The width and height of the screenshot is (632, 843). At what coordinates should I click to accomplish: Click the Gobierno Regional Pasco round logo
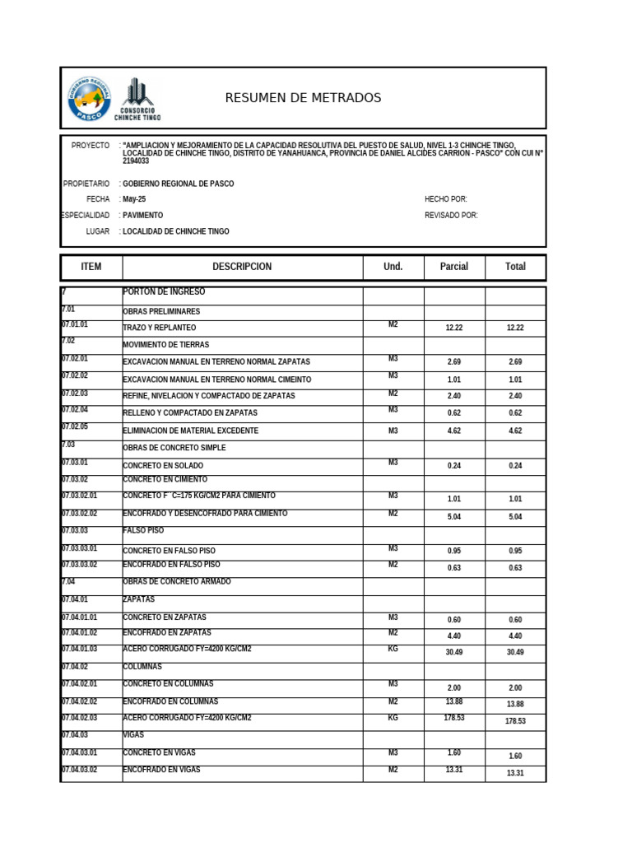pos(90,99)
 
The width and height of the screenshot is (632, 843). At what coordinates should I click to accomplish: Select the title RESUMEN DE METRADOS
pos(303,98)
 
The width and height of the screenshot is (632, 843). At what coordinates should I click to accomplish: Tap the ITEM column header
pos(91,267)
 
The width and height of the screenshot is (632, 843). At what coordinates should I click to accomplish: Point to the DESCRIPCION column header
pos(242,267)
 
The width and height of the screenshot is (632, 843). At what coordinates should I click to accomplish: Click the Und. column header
pos(393,267)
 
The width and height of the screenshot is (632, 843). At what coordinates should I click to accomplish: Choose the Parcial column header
pos(454,267)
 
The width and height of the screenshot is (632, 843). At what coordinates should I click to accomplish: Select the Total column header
pos(515,267)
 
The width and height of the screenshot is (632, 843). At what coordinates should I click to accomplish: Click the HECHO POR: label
pos(446,199)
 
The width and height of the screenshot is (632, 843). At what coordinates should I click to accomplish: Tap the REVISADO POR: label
pos(451,216)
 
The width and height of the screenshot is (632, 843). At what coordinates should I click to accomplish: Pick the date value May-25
pos(134,199)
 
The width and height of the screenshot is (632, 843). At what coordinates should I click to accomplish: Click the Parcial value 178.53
pos(454,719)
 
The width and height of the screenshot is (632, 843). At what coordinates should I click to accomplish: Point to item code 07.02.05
pos(75,426)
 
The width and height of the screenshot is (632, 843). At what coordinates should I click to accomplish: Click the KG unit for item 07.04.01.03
pos(393,649)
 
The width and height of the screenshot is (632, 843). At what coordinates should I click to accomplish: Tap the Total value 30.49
pos(515,652)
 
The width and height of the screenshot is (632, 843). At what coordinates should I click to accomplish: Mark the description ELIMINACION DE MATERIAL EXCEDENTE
pos(191,431)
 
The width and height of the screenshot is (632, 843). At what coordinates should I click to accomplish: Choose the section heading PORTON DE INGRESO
pos(164,292)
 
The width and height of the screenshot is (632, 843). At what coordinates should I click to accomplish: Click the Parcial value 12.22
pos(454,328)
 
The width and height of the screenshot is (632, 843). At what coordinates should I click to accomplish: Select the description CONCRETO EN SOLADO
pos(163,465)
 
